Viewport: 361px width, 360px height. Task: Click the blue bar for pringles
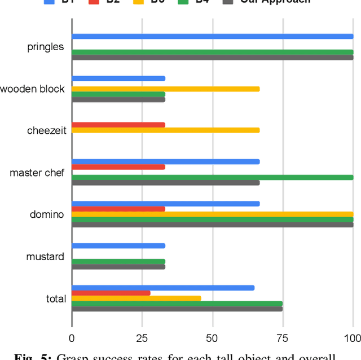(212, 37)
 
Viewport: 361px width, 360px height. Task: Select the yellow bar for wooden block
(165, 89)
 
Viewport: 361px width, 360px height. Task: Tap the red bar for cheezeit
(118, 125)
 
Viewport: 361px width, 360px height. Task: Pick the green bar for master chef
(212, 177)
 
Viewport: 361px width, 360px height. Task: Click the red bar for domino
(118, 209)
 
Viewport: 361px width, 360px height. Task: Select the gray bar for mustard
(118, 267)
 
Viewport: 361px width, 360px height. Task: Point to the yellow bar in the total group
(136, 298)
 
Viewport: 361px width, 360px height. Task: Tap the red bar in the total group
(111, 293)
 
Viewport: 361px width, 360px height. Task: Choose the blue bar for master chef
(165, 162)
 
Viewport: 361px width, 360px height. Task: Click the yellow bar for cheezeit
(165, 130)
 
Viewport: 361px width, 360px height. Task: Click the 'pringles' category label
(46, 47)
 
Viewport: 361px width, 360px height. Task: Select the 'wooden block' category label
(33, 89)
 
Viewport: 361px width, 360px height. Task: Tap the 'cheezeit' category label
(46, 131)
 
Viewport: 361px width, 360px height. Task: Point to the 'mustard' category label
(45, 257)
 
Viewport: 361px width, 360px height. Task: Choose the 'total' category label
(56, 298)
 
